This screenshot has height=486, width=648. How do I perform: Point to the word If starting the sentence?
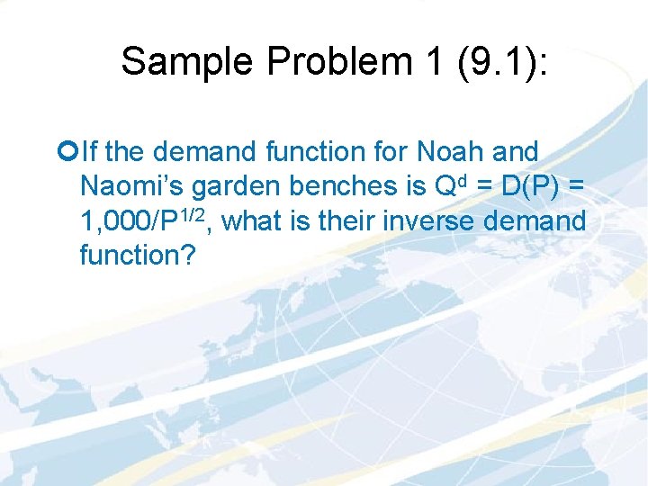(88, 151)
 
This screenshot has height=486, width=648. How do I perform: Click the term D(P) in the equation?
(532, 186)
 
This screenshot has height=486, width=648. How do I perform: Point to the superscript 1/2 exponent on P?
(195, 213)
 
